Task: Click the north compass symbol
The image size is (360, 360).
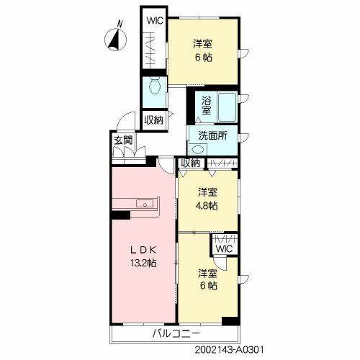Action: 115,40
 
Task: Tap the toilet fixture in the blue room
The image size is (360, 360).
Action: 155,86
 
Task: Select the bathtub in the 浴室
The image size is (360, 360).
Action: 227,107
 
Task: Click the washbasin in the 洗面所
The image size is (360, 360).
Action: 198,150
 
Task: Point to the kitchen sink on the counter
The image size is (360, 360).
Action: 145,204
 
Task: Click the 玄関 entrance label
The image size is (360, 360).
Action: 123,140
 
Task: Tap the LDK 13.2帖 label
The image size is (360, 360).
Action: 143,256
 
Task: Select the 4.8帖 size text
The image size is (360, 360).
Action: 208,206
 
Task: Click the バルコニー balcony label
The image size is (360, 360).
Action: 176,333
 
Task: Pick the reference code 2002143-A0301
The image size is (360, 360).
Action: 229,350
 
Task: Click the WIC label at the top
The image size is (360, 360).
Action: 155,21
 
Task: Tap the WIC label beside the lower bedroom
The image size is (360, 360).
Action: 224,249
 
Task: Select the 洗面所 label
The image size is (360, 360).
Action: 212,136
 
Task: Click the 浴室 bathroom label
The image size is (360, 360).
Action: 207,105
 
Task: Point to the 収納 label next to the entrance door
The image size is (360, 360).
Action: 154,120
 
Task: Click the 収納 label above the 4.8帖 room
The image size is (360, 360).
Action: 190,163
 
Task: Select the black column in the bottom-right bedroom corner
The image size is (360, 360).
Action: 230,321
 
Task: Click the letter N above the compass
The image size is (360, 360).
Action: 120,24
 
